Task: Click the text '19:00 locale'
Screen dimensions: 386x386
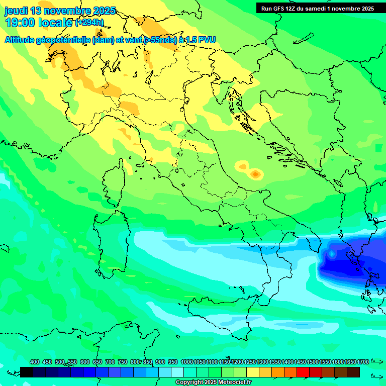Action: [x=39, y=23]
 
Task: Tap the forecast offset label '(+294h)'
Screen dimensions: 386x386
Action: [x=89, y=23]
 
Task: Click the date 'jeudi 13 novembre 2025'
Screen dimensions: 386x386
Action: [x=60, y=11]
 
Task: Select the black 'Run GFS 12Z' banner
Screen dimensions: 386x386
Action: [x=317, y=8]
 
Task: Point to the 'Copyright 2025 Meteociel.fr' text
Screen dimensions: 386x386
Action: [x=213, y=382]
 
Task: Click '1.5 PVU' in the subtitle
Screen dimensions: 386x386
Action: [x=201, y=40]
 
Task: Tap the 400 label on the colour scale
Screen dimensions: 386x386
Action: [x=35, y=362]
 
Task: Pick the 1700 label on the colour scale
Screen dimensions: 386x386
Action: [x=363, y=362]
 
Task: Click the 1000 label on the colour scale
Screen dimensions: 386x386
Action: [x=186, y=362]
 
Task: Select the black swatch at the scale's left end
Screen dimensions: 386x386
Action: [x=27, y=372]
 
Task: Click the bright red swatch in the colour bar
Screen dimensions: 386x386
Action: [x=303, y=372]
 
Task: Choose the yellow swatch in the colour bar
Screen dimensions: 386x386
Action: [x=253, y=372]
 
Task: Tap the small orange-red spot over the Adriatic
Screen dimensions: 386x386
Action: [x=255, y=174]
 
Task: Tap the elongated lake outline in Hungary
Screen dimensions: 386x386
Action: [x=303, y=39]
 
